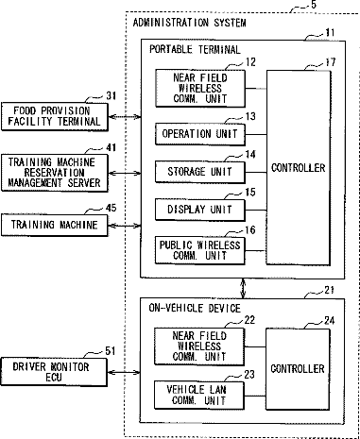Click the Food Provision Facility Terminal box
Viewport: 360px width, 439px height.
55,116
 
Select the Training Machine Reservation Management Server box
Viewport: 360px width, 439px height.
55,173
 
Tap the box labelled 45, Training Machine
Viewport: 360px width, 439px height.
55,225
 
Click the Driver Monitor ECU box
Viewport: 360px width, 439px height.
54,372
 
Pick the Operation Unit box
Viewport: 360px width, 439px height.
200,134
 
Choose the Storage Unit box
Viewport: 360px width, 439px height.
200,172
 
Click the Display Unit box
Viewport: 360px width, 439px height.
200,210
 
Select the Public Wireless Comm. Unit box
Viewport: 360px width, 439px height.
200,250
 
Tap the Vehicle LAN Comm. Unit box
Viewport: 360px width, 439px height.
199,396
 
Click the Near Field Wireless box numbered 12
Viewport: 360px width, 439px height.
200,89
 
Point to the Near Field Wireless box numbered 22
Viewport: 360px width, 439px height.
199,346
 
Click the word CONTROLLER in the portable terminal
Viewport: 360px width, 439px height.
299,168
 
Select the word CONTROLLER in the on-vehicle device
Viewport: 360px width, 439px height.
298,369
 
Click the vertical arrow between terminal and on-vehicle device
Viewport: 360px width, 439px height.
243,288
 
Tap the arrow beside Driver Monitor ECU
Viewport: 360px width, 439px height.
124,373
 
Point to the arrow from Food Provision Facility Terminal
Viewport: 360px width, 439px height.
125,117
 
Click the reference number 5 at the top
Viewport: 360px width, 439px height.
314,5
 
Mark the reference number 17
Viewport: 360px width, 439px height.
330,62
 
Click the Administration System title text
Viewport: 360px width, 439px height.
189,23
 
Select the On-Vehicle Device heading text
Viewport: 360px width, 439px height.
195,308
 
